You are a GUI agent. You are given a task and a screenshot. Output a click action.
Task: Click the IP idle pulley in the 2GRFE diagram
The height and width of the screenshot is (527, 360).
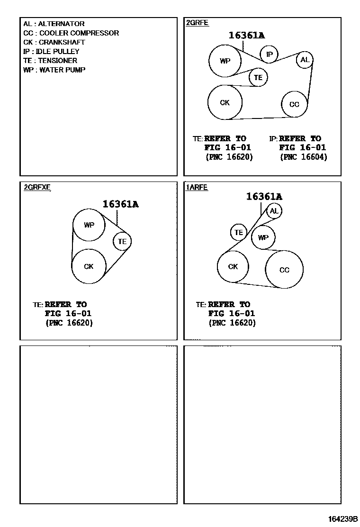tap(269, 55)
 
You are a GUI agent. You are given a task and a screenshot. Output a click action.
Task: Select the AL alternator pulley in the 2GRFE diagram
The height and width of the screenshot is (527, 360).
tap(305, 60)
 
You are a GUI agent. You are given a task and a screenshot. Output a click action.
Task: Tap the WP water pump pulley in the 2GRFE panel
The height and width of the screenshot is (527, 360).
tap(225, 61)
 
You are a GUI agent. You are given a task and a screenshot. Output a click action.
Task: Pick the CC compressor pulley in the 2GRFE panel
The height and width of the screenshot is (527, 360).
tap(294, 104)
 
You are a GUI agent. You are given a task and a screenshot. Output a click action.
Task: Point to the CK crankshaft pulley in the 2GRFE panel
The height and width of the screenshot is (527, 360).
tap(225, 102)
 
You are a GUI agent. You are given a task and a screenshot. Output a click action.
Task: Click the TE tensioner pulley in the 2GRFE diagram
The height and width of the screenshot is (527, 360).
tap(258, 77)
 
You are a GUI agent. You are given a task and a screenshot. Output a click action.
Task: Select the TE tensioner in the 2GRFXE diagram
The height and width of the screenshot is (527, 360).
tap(122, 241)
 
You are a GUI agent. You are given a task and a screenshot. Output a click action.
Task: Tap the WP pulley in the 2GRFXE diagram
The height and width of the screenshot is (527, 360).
tap(89, 225)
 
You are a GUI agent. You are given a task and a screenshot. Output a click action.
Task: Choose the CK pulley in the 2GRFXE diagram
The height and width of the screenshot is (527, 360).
tap(89, 266)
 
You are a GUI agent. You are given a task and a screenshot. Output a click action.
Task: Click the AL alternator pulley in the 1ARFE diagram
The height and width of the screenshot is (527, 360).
tap(274, 211)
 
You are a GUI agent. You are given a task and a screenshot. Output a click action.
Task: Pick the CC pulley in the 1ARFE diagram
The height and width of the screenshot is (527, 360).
tap(284, 270)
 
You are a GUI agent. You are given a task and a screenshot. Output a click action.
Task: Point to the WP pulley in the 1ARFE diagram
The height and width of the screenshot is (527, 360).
tap(263, 237)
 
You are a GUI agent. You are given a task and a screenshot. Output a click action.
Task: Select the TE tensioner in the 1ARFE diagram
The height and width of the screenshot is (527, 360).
tap(239, 232)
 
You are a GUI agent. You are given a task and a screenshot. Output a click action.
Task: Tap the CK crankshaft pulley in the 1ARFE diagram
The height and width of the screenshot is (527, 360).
tap(233, 267)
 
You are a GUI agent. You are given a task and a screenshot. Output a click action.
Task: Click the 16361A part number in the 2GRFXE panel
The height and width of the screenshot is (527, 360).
tap(120, 204)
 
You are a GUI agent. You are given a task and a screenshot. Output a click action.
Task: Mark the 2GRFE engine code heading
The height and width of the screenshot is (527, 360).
tap(197, 23)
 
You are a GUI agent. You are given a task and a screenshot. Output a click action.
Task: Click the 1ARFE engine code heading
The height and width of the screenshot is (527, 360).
tap(197, 188)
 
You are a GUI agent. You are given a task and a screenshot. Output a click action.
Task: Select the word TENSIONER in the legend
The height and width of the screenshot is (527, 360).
tap(57, 61)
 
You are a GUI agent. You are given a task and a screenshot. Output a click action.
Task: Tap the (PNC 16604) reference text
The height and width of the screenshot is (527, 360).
tap(303, 157)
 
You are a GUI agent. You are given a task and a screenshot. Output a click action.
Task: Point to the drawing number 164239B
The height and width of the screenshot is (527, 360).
tap(343, 519)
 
